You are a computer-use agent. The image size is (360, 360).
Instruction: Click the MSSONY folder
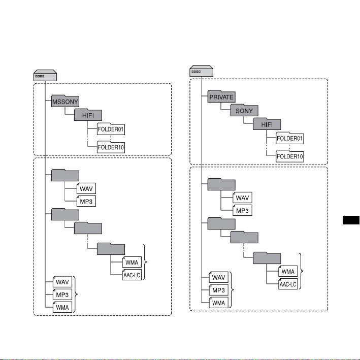point(65,101)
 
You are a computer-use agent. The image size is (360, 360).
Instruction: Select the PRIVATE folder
point(221,96)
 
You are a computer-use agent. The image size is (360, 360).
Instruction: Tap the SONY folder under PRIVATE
point(244,110)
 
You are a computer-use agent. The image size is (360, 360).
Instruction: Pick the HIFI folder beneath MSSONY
point(88,115)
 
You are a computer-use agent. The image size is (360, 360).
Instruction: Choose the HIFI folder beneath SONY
point(267,124)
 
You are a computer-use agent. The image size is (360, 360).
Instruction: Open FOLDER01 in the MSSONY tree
point(111,129)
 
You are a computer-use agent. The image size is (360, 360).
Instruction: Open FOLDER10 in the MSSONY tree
point(111,147)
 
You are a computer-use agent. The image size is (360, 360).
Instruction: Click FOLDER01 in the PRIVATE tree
point(290,138)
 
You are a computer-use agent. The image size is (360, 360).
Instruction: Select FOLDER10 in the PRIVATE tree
point(290,156)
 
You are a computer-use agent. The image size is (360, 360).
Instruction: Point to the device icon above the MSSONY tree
point(45,75)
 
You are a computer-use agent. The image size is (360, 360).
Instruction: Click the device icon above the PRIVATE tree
point(202,71)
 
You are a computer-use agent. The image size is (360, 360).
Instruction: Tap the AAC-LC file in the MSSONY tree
point(132,275)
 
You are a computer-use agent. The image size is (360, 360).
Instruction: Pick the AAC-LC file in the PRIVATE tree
point(288,284)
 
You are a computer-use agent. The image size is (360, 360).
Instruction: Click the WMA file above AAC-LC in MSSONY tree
point(132,262)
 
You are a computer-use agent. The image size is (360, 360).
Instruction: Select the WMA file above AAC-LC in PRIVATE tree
point(288,271)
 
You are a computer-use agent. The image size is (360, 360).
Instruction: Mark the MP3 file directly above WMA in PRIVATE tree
point(218,290)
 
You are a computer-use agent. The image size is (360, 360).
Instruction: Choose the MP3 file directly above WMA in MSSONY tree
point(62,294)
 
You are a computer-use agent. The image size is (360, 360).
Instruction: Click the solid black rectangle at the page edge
point(351,220)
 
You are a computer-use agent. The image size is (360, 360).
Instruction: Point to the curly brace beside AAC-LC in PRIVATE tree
point(301,271)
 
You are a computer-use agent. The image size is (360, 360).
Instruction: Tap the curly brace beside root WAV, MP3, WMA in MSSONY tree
point(76,294)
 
